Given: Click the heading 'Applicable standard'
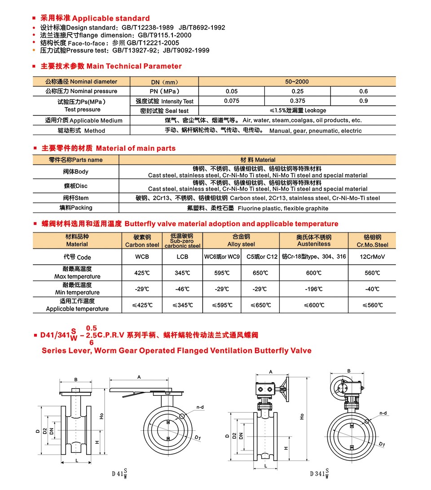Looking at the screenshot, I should [110, 18].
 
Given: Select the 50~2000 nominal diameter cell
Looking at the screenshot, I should [297, 82].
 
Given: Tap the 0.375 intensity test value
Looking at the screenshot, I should [298, 101].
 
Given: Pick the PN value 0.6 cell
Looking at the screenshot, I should [363, 91].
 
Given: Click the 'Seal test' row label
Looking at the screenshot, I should [164, 111].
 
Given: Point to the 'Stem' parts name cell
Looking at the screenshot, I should [76, 198].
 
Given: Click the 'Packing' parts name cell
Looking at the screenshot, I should [76, 208].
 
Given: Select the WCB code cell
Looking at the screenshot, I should [142, 257].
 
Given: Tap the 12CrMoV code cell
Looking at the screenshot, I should [372, 257].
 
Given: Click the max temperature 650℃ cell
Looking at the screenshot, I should [260, 273].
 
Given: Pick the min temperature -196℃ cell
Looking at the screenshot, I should [314, 289].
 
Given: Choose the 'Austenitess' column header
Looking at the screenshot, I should [314, 244].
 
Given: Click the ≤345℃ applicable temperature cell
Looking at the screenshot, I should [182, 305].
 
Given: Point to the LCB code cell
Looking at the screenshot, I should [182, 257].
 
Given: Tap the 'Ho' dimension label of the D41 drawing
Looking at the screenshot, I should [102, 416].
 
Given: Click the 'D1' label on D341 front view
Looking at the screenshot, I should [383, 444].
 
